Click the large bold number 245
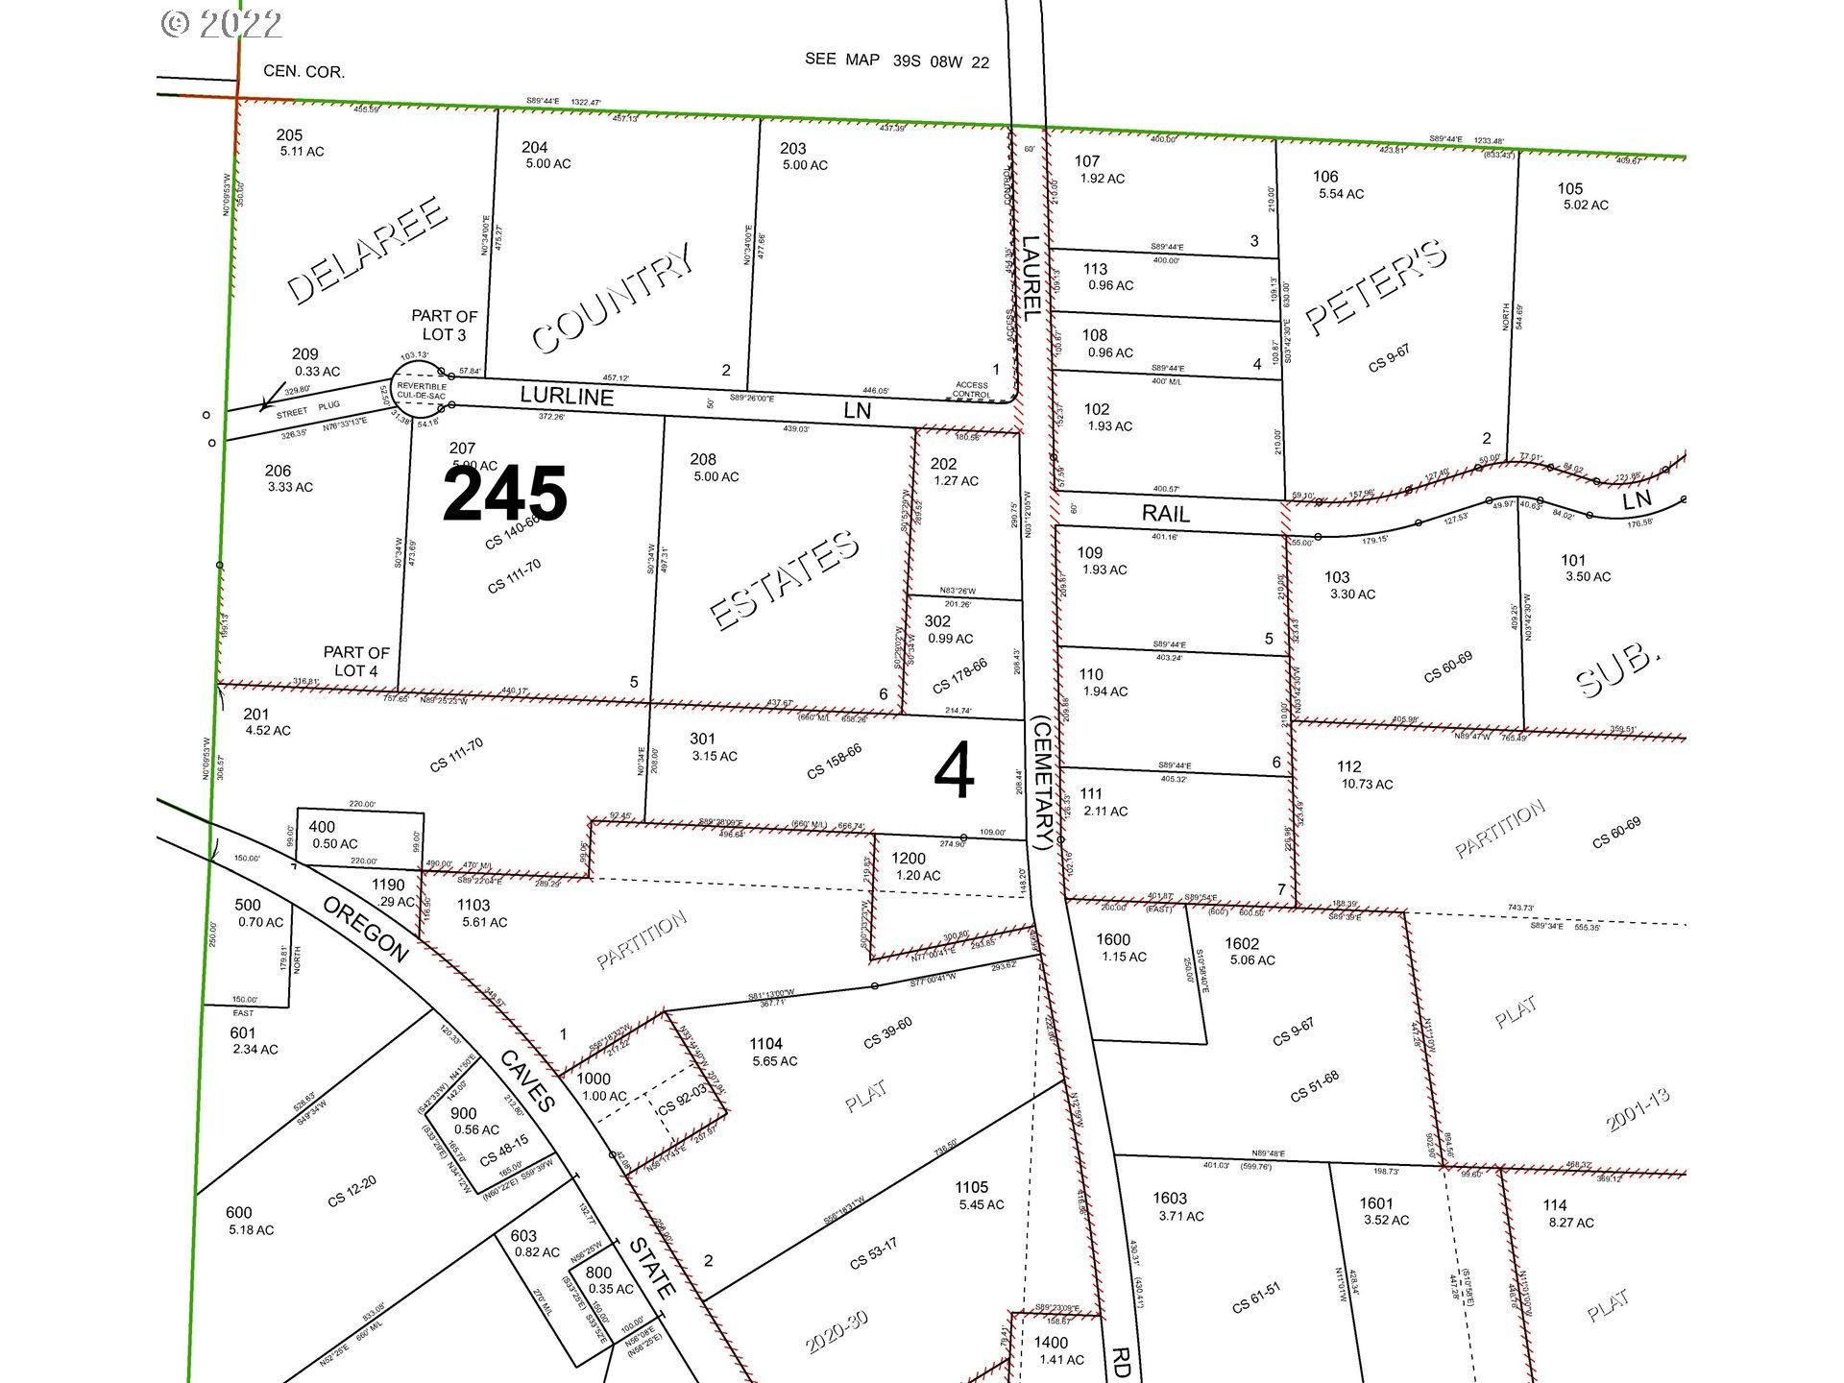[x=505, y=495]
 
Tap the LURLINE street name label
[x=567, y=396]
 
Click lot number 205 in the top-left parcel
[x=289, y=135]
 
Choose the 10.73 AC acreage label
[x=1367, y=784]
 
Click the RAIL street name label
[x=1166, y=514]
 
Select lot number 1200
[x=909, y=859]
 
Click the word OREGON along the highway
[x=364, y=930]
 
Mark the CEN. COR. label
[x=303, y=72]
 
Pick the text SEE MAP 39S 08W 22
[x=897, y=61]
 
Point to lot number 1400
[x=1051, y=1343]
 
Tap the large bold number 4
[x=955, y=773]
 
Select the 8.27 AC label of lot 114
[x=1570, y=1223]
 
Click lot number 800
[x=598, y=1273]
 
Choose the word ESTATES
[x=785, y=579]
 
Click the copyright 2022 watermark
[x=222, y=23]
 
